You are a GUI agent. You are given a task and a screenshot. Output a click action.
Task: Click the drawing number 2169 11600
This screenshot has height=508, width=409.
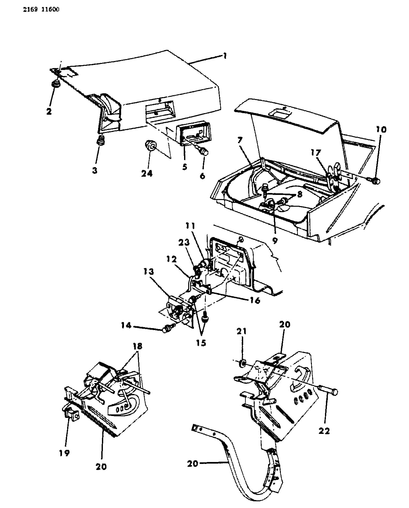pyautogui.click(x=41, y=10)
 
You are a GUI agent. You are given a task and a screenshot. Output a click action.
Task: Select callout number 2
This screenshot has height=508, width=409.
pyautogui.click(x=49, y=111)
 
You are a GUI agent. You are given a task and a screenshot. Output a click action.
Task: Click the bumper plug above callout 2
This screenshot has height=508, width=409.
pyautogui.click(x=56, y=84)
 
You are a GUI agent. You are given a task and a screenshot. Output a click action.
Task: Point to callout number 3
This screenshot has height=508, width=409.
pyautogui.click(x=95, y=170)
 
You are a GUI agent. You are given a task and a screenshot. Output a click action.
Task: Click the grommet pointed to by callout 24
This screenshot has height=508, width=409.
pyautogui.click(x=150, y=145)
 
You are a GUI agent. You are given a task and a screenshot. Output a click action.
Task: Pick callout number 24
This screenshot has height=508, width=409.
pyautogui.click(x=147, y=173)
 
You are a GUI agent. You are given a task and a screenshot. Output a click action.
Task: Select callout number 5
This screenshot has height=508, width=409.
pyautogui.click(x=185, y=167)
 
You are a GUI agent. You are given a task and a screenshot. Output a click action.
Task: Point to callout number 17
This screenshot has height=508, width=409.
pyautogui.click(x=315, y=153)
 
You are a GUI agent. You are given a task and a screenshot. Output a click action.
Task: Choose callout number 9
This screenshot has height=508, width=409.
pyautogui.click(x=275, y=241)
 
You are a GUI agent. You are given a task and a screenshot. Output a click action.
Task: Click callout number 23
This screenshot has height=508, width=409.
pyautogui.click(x=184, y=242)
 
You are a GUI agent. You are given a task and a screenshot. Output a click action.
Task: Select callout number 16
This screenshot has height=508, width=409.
pyautogui.click(x=255, y=301)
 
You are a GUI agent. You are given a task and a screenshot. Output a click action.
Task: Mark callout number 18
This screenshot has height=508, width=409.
pyautogui.click(x=138, y=346)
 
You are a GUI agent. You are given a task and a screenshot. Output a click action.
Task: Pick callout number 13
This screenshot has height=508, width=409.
pyautogui.click(x=149, y=272)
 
